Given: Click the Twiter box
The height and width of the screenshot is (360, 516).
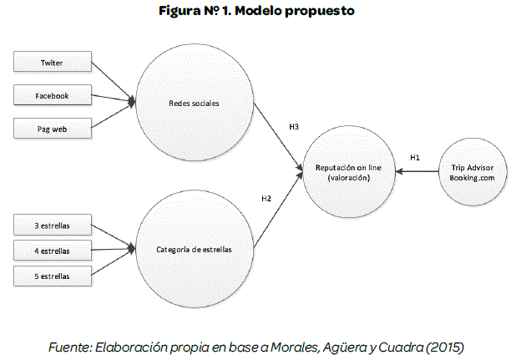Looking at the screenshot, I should pos(52,63).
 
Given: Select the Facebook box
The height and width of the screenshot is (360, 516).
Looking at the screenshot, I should pos(52,96).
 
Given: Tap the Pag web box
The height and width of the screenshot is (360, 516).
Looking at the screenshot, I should pos(52,129).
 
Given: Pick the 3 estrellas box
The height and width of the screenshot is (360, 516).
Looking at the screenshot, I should pos(52,225).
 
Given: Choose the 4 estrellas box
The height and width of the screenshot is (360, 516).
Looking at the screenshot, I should pos(52,250).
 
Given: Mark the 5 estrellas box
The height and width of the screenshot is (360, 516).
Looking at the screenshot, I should pos(52,276).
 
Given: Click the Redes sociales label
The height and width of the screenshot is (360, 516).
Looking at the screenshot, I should pos(193,104).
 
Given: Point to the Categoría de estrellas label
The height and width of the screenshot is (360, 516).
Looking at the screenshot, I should pos(193,249).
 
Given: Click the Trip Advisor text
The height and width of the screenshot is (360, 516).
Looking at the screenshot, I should pos(472,167).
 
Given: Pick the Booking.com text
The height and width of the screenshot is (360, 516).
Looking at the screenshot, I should pos(472,178).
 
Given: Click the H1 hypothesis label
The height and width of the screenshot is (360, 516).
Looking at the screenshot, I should pos(415,157).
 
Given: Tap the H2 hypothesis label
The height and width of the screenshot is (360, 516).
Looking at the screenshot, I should pos(266,198).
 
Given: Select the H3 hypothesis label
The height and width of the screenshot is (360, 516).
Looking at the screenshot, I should pos(294,126).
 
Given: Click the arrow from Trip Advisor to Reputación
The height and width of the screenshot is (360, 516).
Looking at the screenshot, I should pos(417,172).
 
